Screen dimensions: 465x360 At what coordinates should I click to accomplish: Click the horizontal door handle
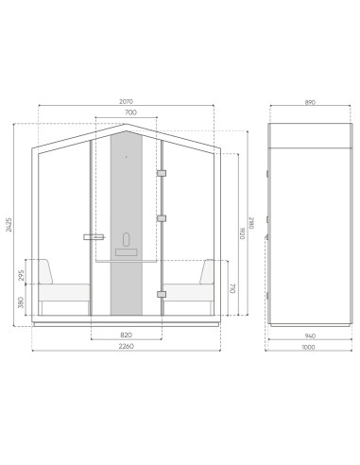(x=94, y=236)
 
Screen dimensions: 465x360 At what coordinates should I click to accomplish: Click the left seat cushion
(x=65, y=289)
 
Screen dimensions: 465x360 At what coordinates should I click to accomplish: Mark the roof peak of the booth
(x=126, y=124)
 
